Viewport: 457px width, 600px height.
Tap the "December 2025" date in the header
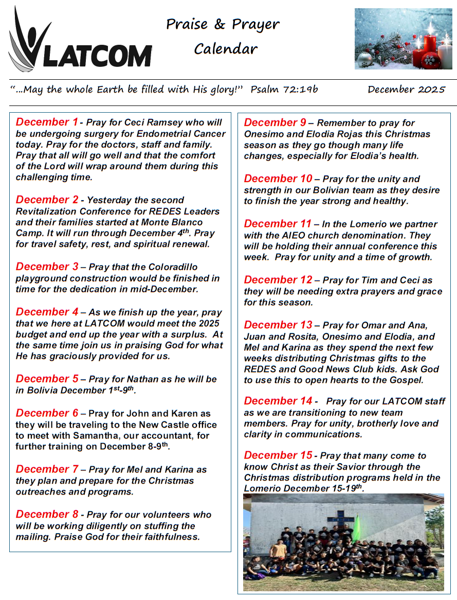[x=406, y=90]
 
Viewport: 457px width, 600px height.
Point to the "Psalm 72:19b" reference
[x=284, y=90]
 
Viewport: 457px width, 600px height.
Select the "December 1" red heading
[x=47, y=122]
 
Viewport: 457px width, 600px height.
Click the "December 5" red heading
[x=47, y=379]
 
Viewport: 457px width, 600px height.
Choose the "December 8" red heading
[x=47, y=514]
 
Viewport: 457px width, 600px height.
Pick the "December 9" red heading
[x=275, y=122]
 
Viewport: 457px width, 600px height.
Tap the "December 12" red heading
[x=278, y=280]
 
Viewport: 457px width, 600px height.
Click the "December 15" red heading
[x=278, y=455]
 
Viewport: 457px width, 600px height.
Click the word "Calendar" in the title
[x=226, y=49]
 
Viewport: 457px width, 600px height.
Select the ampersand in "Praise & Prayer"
[x=220, y=24]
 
